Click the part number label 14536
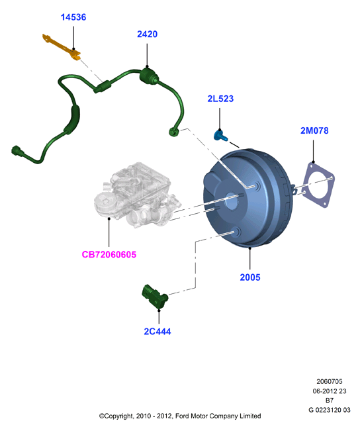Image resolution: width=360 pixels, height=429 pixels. (73, 17)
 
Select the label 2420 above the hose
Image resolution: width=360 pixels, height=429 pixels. (147, 34)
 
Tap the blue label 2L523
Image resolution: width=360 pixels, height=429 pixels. (220, 99)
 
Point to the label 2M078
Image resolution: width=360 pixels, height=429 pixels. (314, 130)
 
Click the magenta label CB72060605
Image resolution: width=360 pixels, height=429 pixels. (109, 255)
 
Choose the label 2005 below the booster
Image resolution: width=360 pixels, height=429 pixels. (250, 277)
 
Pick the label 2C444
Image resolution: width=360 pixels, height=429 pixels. (157, 332)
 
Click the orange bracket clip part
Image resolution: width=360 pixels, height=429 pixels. (62, 47)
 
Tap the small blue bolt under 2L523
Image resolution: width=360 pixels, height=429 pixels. (220, 136)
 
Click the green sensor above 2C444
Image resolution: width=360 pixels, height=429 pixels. (155, 297)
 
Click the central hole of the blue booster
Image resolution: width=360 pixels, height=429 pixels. (232, 201)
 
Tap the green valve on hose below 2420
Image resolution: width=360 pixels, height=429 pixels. (148, 75)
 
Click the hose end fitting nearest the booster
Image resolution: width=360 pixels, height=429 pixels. (173, 132)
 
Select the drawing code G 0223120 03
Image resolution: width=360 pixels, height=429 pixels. (330, 410)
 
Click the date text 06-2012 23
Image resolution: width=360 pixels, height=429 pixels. (330, 391)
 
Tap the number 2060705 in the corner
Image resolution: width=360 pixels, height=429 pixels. (330, 381)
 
